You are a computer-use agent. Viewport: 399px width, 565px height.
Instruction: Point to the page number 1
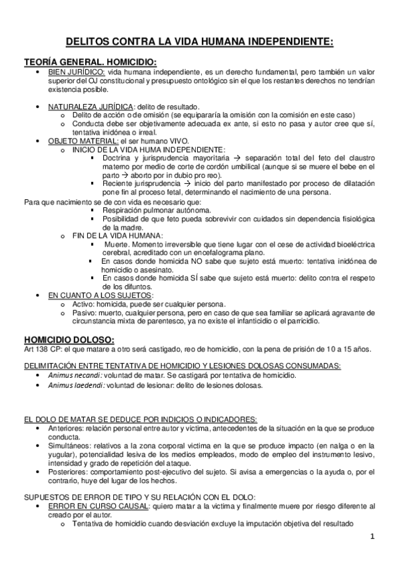[x=374, y=536]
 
